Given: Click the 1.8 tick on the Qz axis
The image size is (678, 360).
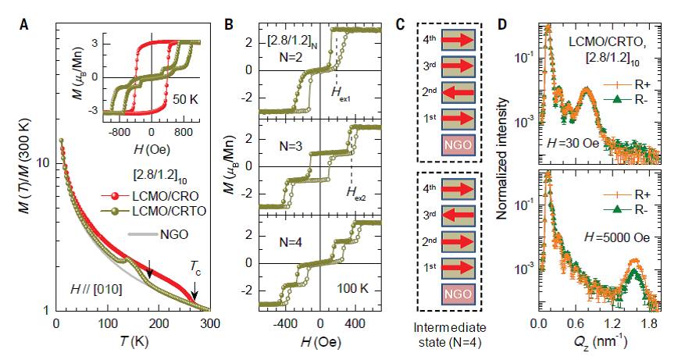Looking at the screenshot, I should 646,321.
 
